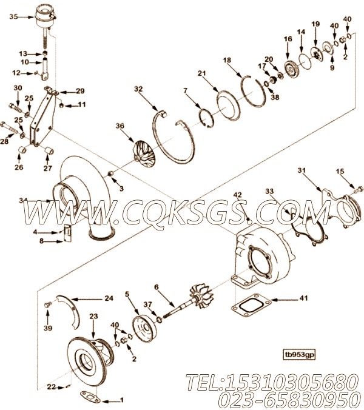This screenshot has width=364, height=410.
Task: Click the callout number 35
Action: (x=13, y=17)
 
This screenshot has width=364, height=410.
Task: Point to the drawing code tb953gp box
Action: (x=300, y=355)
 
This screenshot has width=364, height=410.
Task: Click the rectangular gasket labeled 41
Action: (x=251, y=306)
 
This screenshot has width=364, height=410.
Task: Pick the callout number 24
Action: (x=109, y=298)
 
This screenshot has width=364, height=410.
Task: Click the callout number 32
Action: (x=138, y=89)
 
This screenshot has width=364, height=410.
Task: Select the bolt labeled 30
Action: (x=16, y=107)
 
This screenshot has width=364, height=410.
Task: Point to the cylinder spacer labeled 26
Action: (x=23, y=150)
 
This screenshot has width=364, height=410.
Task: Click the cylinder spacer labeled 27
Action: (x=49, y=150)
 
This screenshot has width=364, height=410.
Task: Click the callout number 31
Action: (x=302, y=170)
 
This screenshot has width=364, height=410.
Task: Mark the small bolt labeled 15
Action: (x=359, y=189)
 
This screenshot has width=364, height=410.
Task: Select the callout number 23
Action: (x=93, y=316)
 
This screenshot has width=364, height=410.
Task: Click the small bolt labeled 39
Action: (x=47, y=304)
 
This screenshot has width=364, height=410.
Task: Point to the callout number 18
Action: (x=227, y=60)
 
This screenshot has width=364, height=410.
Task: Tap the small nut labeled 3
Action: (x=110, y=173)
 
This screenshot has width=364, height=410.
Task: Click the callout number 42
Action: (x=238, y=195)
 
